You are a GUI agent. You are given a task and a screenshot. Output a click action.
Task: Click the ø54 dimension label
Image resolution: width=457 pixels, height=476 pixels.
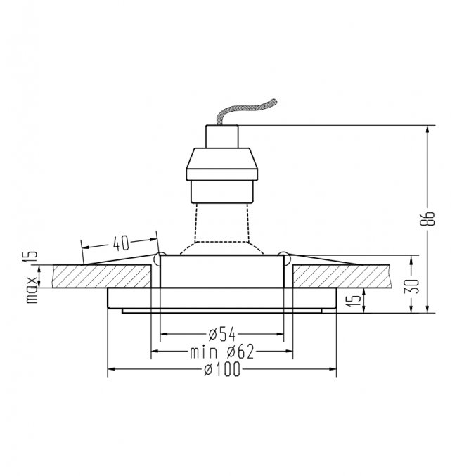(222, 334)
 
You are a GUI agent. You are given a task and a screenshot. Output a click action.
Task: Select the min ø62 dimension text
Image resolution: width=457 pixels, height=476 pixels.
(222, 352)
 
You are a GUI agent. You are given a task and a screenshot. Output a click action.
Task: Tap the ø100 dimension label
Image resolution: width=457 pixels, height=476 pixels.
(222, 369)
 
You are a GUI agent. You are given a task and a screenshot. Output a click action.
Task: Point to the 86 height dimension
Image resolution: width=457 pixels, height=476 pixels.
(427, 219)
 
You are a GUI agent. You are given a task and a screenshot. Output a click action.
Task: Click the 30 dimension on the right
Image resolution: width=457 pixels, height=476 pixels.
(411, 286)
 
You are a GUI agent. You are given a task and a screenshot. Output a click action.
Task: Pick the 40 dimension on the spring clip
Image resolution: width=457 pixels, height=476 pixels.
(121, 243)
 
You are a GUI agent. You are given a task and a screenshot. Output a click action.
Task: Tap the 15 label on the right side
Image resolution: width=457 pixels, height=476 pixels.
(354, 300)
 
